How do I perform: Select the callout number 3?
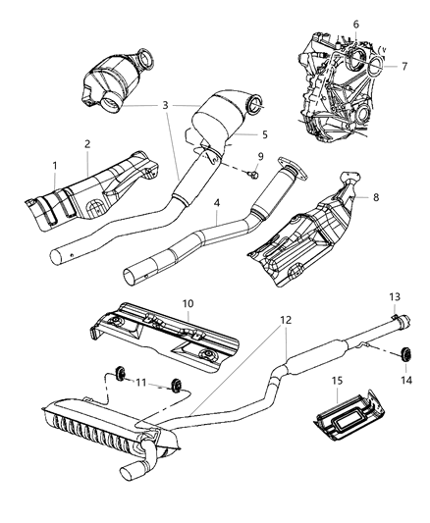pyautogui.click(x=165, y=104)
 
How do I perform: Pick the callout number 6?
pyautogui.click(x=355, y=24)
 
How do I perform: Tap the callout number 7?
pyautogui.click(x=404, y=66)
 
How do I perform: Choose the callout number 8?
pyautogui.click(x=374, y=196)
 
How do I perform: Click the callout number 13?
pyautogui.click(x=395, y=322)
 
